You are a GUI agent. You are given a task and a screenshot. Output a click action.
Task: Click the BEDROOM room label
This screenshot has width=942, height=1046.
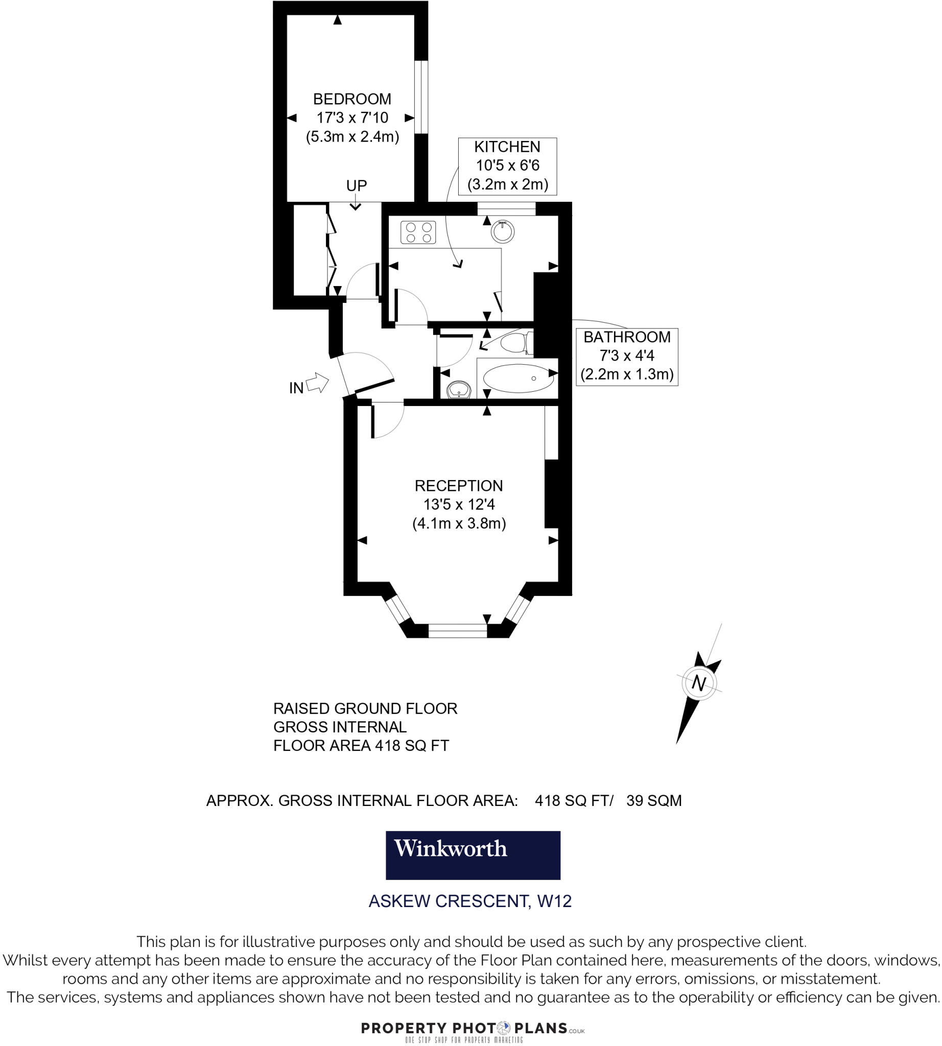(x=352, y=99)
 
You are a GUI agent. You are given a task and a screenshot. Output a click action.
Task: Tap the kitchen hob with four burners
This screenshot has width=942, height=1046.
(x=418, y=232)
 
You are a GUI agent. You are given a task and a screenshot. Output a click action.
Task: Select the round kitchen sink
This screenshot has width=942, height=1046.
(x=503, y=231)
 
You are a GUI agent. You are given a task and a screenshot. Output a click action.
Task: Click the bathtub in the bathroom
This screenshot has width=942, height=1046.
(x=517, y=378)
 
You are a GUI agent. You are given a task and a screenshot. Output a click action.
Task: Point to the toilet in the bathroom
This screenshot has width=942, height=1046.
(x=515, y=343)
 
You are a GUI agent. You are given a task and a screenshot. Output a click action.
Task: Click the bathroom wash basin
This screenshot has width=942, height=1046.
(x=459, y=390)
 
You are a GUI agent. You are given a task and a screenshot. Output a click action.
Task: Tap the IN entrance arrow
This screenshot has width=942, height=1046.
(x=317, y=383)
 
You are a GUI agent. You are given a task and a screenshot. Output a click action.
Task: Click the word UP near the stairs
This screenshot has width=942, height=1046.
(x=356, y=185)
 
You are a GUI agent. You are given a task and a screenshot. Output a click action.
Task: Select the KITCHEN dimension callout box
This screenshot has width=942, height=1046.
(x=507, y=166)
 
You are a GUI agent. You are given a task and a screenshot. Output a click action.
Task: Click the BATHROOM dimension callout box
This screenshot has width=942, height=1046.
(x=627, y=356)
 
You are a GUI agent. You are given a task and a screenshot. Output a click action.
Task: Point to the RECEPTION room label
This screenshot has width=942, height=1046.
(x=459, y=486)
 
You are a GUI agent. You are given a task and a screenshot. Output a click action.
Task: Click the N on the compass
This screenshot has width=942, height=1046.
(x=699, y=683)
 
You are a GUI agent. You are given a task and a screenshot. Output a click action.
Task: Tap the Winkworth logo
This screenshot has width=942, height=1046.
(x=473, y=855)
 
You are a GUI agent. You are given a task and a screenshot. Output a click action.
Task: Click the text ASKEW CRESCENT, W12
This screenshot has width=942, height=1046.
(x=470, y=901)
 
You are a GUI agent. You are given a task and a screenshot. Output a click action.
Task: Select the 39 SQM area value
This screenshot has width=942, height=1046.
(x=654, y=801)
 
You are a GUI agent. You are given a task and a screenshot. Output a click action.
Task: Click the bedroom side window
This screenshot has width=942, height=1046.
(x=421, y=98)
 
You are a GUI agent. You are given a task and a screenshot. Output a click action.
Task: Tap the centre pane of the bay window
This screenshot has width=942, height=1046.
(x=458, y=630)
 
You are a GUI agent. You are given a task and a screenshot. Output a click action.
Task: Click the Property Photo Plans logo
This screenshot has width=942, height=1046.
(x=473, y=1029)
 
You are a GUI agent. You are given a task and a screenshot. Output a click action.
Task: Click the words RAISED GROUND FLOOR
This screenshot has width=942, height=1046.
(x=365, y=708)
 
